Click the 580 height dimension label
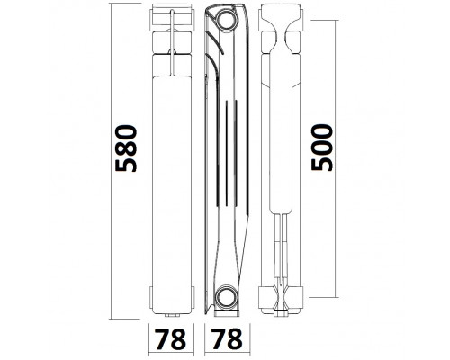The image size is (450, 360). [126, 148]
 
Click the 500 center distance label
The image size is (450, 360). [322, 148]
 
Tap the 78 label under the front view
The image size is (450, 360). [170, 339]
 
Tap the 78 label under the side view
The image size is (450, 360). [226, 339]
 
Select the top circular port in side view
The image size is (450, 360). [227, 20]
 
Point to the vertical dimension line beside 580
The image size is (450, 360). [111, 161]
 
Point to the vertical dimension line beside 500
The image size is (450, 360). [335, 158]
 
